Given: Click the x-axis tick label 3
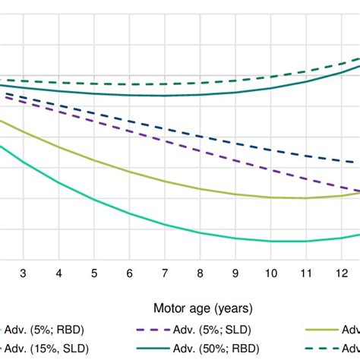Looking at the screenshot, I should tap(23, 273).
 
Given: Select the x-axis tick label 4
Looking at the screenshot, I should tap(58, 273).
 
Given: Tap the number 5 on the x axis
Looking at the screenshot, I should tap(94, 273).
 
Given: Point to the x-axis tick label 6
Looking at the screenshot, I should tap(129, 273).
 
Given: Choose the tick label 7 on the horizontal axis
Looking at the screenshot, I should tap(165, 273).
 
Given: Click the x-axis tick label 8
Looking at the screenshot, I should tap(200, 273).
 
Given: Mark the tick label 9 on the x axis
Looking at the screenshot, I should tap(235, 273).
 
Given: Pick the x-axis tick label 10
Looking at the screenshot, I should tap(270, 273).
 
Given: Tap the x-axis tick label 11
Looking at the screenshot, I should tap(306, 273).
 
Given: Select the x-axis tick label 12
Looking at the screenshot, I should tap(341, 273).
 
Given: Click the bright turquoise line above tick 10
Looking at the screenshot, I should tap(270, 241).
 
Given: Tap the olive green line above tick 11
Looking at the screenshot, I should tap(306, 197).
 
